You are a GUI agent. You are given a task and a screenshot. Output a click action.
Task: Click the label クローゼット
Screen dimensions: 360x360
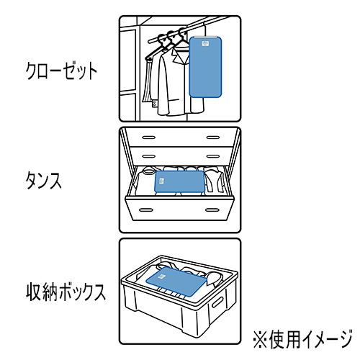[x=61, y=71]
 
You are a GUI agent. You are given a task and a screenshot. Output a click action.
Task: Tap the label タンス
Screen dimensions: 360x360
[x=43, y=181]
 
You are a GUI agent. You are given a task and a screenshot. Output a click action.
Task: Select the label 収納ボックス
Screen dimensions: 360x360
[x=66, y=292]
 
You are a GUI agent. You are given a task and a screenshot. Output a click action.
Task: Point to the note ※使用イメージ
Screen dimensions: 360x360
[x=303, y=339]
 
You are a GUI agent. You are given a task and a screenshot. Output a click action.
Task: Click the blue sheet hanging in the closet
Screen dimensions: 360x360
[x=205, y=67]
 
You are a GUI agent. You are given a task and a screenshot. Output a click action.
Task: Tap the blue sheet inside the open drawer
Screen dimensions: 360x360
[x=179, y=181]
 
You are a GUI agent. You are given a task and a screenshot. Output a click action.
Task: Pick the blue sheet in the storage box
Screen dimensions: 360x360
[x=176, y=282]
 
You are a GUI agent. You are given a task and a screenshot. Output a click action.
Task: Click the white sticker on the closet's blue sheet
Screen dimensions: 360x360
[x=206, y=44]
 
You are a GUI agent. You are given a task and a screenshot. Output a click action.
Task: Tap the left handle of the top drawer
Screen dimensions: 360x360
[x=149, y=138]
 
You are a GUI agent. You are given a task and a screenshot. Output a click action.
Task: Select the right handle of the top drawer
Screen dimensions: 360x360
[x=213, y=138]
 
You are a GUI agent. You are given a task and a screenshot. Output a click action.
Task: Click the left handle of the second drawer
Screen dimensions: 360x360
[x=149, y=156]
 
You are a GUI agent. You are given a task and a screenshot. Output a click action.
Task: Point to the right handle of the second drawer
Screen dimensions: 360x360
[x=213, y=156]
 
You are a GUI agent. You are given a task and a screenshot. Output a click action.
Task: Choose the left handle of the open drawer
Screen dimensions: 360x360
[x=146, y=210]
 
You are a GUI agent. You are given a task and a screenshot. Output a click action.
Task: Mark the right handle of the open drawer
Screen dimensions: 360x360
[x=212, y=210]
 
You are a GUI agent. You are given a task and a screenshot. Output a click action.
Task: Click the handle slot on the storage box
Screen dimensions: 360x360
[x=217, y=302]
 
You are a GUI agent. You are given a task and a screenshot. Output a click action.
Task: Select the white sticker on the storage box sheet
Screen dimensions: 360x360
[x=163, y=276]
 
